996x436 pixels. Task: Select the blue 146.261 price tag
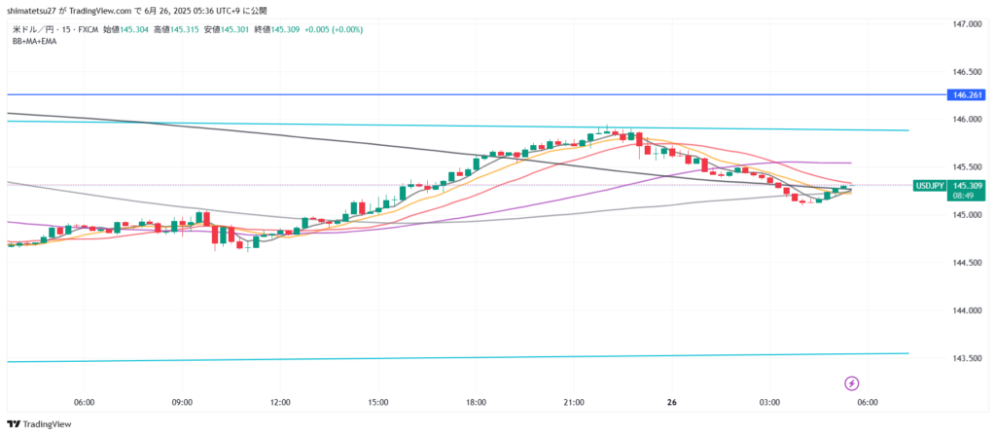pyautogui.click(x=967, y=95)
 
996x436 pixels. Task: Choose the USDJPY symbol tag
pyautogui.click(x=929, y=185)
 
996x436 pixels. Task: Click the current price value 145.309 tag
pyautogui.click(x=967, y=185)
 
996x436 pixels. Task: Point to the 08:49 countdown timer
pyautogui.click(x=965, y=196)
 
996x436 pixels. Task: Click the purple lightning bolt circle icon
pyautogui.click(x=852, y=383)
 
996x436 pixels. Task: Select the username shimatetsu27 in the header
pyautogui.click(x=35, y=10)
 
